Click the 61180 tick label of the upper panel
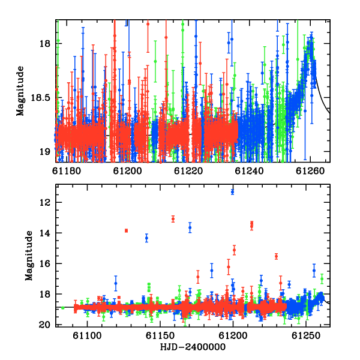67,171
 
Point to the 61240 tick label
250,171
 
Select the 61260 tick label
310,171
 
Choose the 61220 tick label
188,171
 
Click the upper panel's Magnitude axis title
20,91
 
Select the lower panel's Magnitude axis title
29,256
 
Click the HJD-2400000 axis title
193,347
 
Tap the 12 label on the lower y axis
45,203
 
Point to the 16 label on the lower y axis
45,263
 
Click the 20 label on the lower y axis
45,325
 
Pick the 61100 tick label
87,335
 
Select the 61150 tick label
160,335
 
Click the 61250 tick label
306,335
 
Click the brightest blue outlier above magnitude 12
233,191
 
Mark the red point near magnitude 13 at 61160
173,219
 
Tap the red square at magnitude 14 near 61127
126,230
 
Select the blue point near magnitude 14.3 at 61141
147,238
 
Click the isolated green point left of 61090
63,307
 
